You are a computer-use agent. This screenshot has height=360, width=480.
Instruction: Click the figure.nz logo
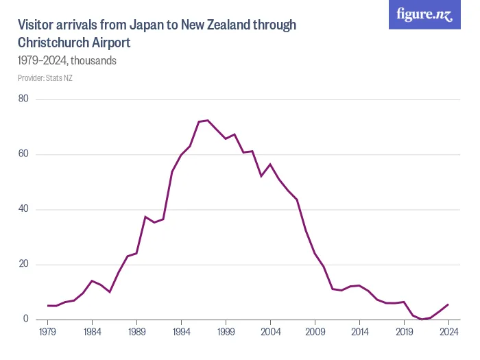[425, 15]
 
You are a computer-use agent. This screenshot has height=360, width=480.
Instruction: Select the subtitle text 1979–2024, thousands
[67, 60]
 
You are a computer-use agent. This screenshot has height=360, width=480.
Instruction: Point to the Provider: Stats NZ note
[45, 78]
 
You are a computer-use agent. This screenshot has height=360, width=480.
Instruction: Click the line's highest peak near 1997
[208, 120]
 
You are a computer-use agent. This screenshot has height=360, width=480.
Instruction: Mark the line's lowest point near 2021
[422, 319]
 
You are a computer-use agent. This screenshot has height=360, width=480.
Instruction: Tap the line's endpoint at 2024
[448, 304]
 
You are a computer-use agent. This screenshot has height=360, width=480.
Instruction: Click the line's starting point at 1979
[47, 306]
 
